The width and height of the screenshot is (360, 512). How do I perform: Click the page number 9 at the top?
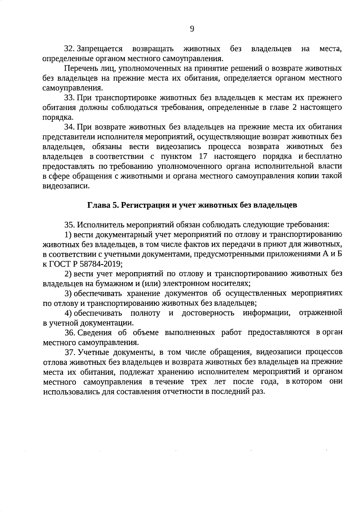tap(192, 29)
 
